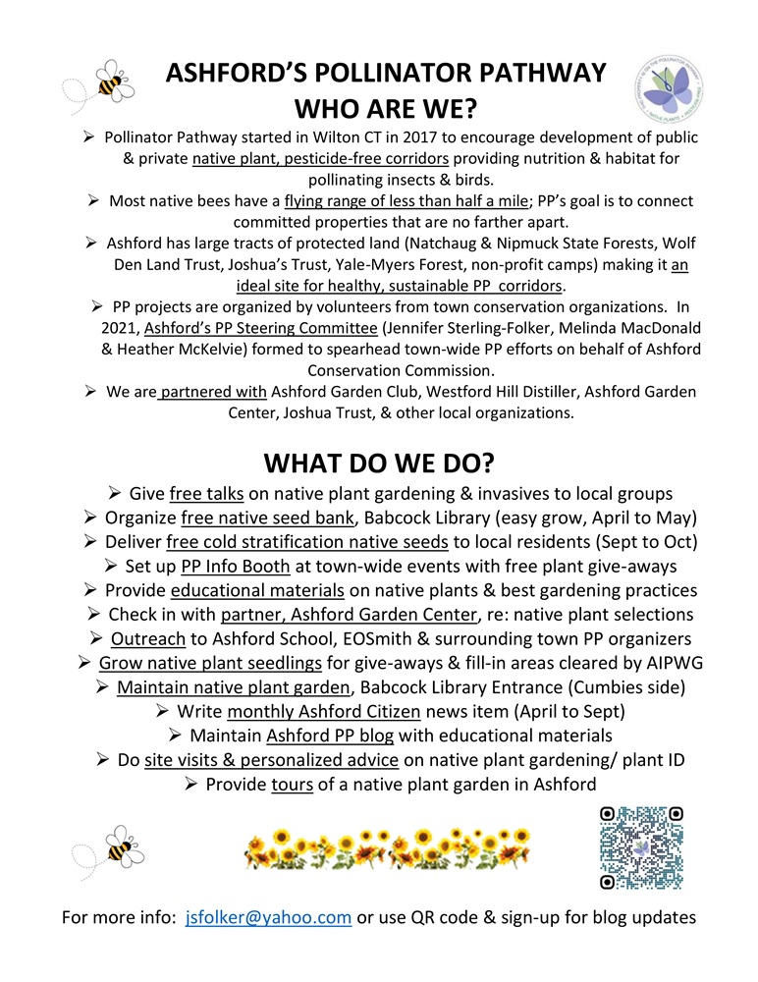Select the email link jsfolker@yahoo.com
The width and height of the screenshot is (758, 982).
coord(268,917)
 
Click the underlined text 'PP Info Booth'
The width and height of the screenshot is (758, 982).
coord(235,566)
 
